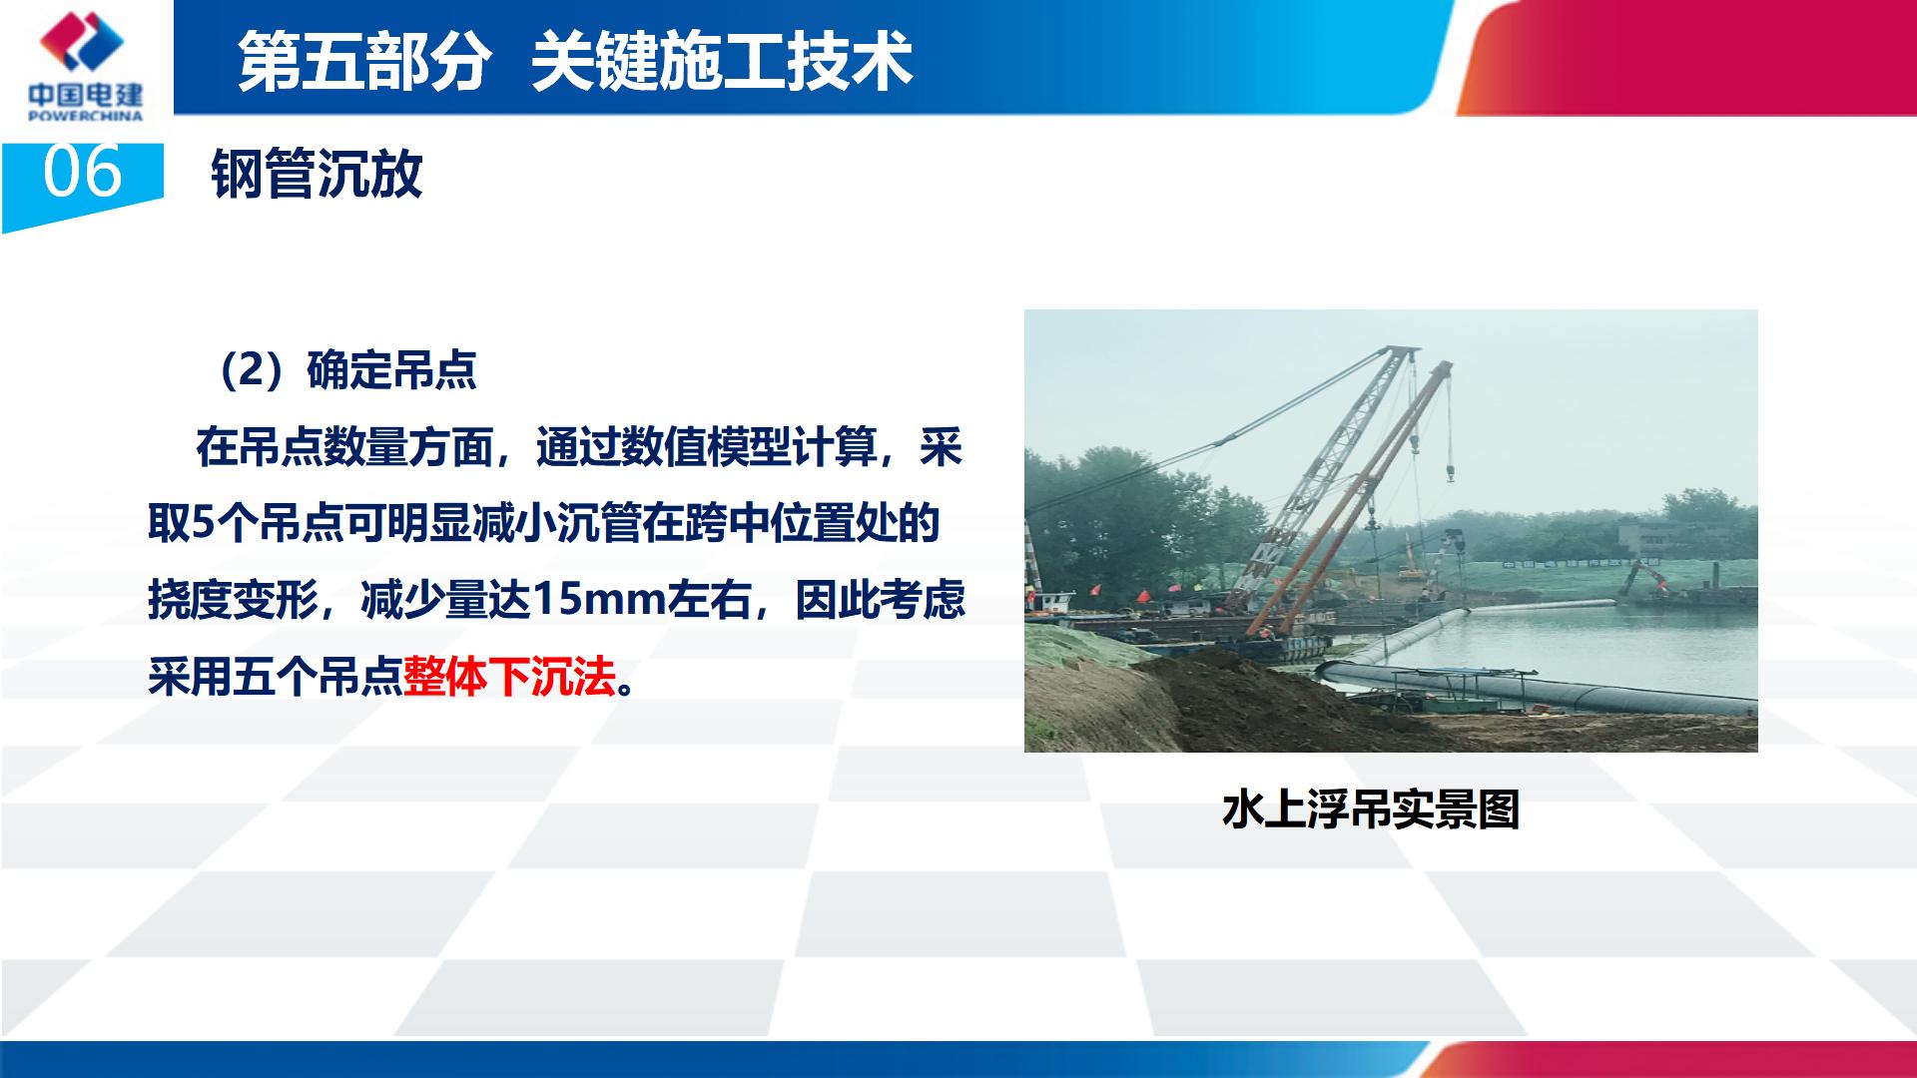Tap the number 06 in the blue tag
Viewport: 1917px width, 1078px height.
click(82, 173)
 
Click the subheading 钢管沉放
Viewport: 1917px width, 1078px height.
click(317, 175)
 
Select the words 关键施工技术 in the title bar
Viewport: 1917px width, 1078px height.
click(721, 61)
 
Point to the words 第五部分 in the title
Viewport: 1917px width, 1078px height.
click(364, 61)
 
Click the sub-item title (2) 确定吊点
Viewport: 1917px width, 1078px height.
click(345, 370)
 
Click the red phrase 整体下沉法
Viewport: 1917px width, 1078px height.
click(509, 677)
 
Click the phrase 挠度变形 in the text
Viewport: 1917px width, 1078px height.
click(234, 600)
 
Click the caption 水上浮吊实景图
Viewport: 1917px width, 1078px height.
click(1371, 809)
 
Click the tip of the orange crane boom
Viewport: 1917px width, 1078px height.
click(1445, 366)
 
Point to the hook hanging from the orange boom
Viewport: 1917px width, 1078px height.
click(1449, 471)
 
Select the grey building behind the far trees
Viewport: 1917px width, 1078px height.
click(1647, 540)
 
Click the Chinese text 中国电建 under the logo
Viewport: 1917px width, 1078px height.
click(85, 96)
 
